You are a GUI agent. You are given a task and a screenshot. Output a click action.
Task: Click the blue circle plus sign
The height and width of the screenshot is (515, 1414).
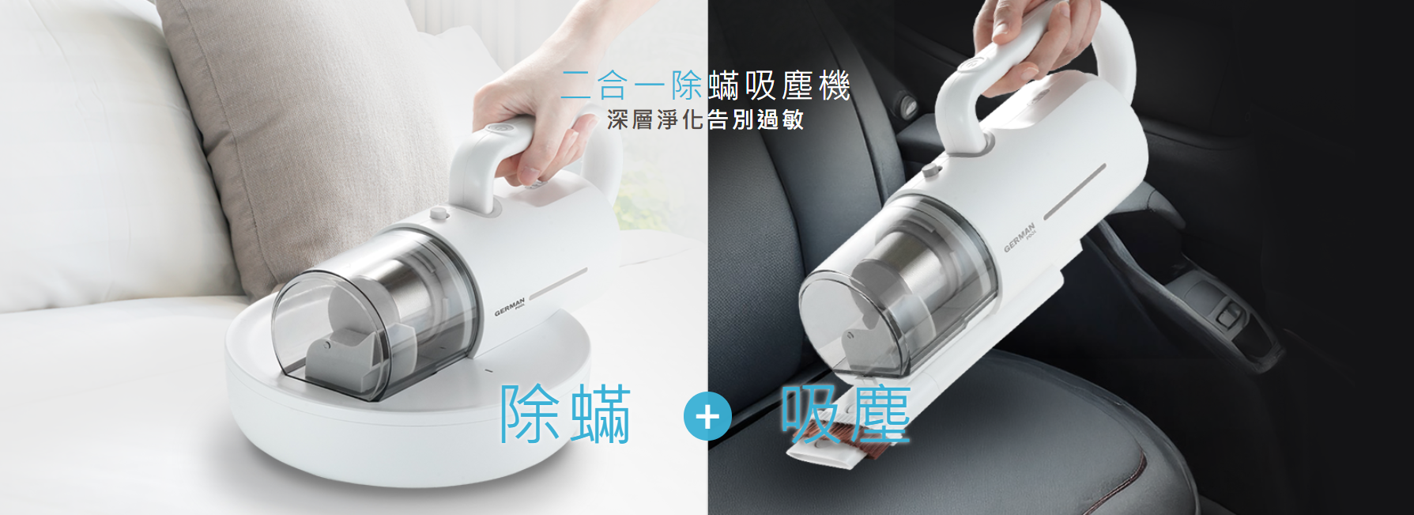[x=707, y=416]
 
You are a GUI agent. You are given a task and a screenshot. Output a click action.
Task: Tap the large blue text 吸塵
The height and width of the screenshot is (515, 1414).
[x=846, y=414]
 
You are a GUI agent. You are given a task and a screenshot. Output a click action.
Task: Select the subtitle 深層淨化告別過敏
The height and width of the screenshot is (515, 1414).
[x=706, y=119]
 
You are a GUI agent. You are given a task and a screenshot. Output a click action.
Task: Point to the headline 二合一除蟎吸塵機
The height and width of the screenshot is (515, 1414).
[x=705, y=85]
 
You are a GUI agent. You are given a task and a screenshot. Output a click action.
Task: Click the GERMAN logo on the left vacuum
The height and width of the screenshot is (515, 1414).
[x=511, y=308]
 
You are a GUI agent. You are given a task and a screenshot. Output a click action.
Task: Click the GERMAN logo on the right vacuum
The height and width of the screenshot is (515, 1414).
[x=1020, y=238]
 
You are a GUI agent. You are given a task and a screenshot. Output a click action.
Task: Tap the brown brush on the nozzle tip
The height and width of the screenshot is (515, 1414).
[x=861, y=424]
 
